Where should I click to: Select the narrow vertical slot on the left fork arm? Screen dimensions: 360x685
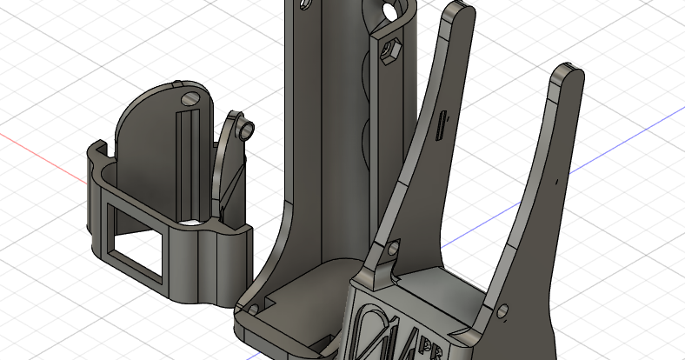click(x=441, y=125)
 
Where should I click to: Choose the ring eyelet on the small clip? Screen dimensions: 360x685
click(x=248, y=130)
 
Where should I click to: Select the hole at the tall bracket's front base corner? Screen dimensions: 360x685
click(x=252, y=309)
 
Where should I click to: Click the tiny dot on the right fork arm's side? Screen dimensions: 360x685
click(x=553, y=183)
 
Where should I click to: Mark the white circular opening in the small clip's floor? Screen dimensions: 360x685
click(x=193, y=223)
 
